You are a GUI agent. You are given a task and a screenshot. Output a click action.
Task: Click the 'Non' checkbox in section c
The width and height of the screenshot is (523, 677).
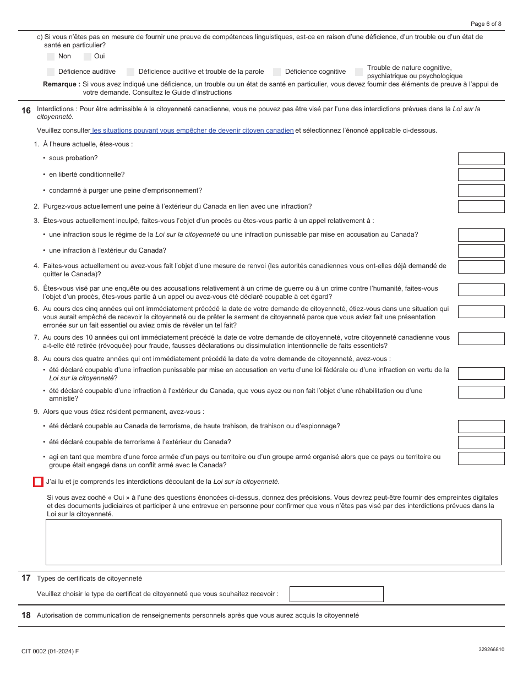[x=51, y=56]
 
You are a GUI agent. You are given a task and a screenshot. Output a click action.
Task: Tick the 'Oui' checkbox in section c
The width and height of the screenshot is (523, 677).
[x=88, y=56]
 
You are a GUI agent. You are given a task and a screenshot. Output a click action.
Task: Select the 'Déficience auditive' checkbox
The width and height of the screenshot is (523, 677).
[x=51, y=72]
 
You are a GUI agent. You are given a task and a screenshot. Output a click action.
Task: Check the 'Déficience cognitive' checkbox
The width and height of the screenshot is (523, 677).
[x=277, y=72]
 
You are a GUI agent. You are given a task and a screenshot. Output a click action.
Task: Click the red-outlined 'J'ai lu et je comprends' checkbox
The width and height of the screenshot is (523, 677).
[x=38, y=482]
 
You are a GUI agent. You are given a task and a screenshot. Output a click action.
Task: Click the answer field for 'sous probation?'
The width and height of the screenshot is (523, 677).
[x=481, y=159]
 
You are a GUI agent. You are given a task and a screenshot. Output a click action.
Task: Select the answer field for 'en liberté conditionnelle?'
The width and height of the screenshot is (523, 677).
[x=481, y=174]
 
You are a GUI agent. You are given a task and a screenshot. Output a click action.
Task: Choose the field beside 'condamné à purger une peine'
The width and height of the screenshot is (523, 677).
[x=481, y=190]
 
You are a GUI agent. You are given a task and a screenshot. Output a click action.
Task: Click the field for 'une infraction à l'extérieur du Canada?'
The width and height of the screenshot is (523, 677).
[x=481, y=250]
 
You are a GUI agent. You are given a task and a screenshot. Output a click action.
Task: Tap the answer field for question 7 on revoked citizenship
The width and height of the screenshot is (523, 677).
[x=481, y=338]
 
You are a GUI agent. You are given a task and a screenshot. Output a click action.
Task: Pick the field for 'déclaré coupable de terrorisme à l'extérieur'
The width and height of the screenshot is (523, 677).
[x=481, y=442]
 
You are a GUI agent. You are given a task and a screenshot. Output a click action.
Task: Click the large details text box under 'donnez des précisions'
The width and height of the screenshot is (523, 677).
[x=273, y=542]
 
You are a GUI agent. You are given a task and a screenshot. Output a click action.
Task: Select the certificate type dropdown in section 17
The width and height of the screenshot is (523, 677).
[x=336, y=594]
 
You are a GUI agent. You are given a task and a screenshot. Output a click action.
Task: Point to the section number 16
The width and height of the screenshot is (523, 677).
[x=26, y=111]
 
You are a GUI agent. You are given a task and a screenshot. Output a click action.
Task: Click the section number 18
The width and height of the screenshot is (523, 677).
[x=26, y=615]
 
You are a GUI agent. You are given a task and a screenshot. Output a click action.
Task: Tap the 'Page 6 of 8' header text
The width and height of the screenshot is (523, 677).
[x=486, y=24]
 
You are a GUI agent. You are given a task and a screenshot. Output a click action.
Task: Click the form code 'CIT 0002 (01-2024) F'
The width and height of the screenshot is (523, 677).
[x=50, y=651]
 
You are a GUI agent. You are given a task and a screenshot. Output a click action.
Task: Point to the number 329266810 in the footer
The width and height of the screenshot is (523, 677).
[x=491, y=649]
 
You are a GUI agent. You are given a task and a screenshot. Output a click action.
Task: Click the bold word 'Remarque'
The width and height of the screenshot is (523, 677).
[x=61, y=84]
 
